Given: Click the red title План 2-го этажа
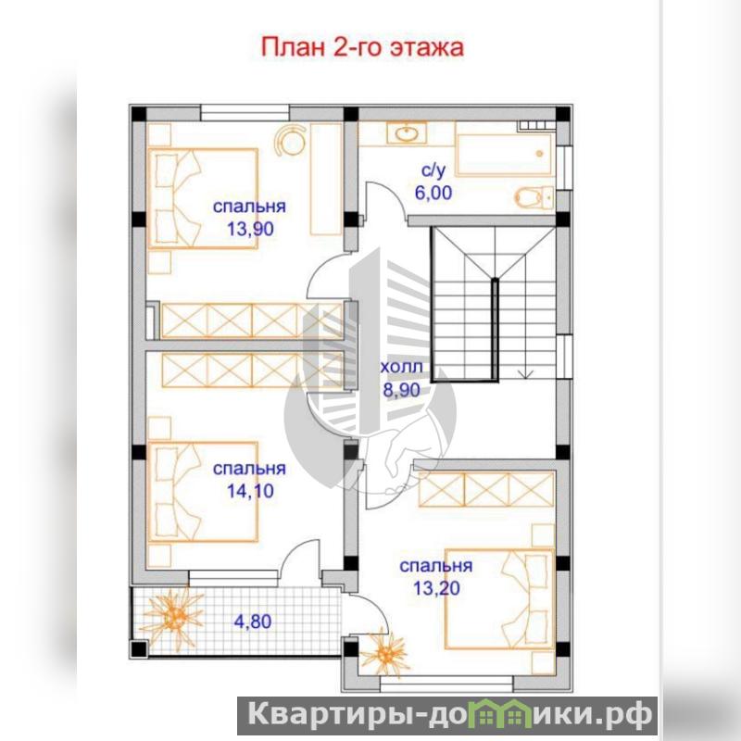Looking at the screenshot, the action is pyautogui.click(x=362, y=48).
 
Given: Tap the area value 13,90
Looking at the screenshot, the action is pyautogui.click(x=250, y=229).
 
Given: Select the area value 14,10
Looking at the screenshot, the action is pyautogui.click(x=250, y=491).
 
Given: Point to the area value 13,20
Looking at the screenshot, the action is pyautogui.click(x=436, y=588).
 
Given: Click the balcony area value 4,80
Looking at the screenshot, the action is pyautogui.click(x=252, y=621).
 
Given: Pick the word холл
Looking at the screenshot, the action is pyautogui.click(x=401, y=367).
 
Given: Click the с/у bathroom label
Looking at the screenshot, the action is pyautogui.click(x=433, y=170).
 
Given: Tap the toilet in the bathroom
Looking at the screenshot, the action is pyautogui.click(x=534, y=196).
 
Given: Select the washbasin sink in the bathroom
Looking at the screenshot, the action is pyautogui.click(x=407, y=133).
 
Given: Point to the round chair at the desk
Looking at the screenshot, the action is pyautogui.click(x=290, y=141).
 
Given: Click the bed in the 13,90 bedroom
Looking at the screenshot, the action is pyautogui.click(x=203, y=198).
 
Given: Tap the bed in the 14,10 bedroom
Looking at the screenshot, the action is pyautogui.click(x=203, y=492).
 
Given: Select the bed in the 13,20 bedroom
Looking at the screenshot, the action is pyautogui.click(x=499, y=598).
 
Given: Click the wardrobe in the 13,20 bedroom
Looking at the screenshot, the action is pyautogui.click(x=486, y=489).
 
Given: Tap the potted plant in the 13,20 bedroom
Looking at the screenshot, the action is pyautogui.click(x=385, y=653).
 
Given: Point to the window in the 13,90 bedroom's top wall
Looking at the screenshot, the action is pyautogui.click(x=245, y=113).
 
